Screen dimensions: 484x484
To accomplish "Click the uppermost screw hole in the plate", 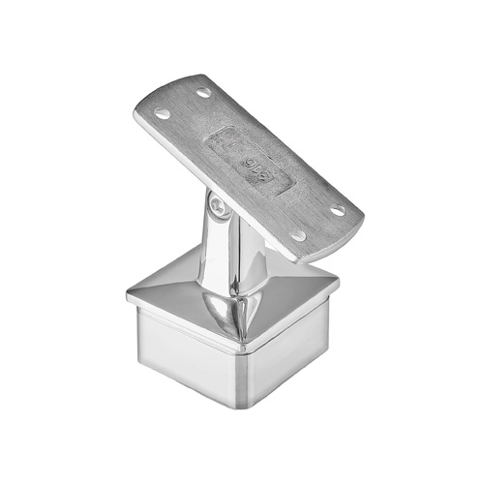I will click(203, 93).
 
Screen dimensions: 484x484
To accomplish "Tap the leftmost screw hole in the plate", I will click(162, 113).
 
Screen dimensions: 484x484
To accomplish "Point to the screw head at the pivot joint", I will click(218, 205).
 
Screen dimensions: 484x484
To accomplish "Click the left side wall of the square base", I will click(174, 348).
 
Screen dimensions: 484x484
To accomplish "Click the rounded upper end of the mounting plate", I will click(174, 87).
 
